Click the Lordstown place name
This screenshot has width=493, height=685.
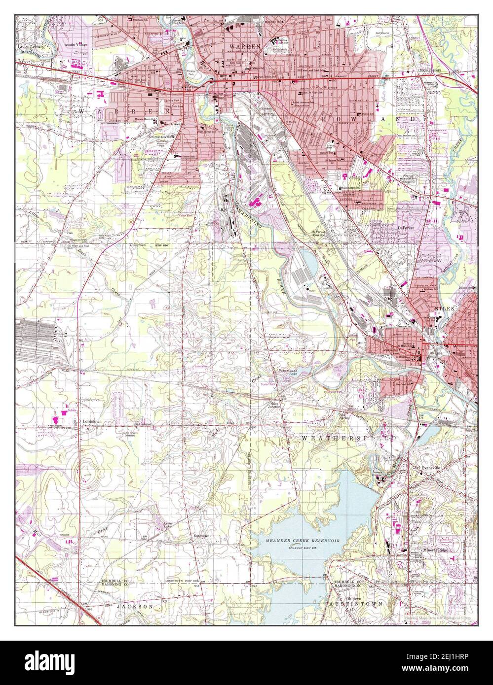[x=92, y=422]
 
